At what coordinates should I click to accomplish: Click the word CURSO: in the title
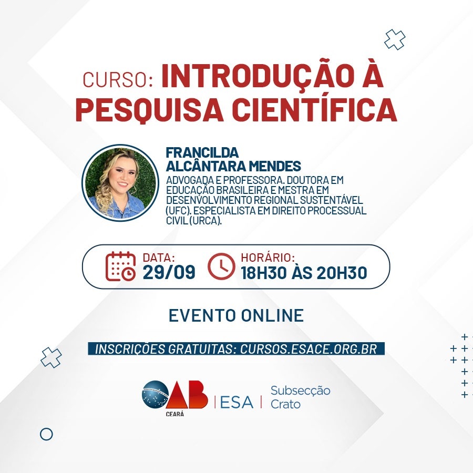point(118,80)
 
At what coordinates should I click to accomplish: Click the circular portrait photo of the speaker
point(120,183)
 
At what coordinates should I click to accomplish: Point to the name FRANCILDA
point(202,152)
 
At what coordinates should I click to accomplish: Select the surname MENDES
point(275,166)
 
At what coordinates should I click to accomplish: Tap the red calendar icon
point(120,266)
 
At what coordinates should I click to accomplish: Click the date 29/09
point(169,272)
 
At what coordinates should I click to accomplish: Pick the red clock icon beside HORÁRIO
point(221,266)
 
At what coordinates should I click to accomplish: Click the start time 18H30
point(264,273)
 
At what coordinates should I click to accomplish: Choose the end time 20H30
point(342,273)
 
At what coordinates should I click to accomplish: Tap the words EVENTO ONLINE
point(236,315)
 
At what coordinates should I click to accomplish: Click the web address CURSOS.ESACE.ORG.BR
point(309,349)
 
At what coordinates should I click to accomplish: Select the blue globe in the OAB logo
point(156,395)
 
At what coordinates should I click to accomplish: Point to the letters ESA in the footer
point(237,402)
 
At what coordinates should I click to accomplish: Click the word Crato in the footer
point(285,404)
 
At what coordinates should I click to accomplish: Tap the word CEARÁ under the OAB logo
point(175,414)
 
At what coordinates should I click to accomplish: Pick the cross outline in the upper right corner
point(395,39)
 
